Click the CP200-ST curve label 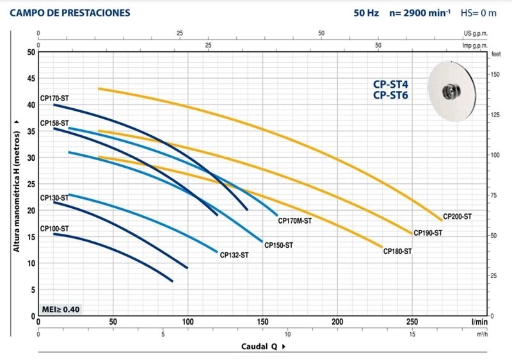[457, 217]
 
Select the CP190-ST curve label [428, 233]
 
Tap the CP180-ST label [397, 251]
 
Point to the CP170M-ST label [295, 221]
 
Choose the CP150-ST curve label [278, 245]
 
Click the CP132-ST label [234, 255]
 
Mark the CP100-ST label [54, 229]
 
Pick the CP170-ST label [54, 99]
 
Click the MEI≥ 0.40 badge [61, 309]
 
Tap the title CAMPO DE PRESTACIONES [70, 13]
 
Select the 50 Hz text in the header [366, 13]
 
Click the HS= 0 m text [478, 13]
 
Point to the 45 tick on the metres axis [31, 79]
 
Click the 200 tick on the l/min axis [337, 322]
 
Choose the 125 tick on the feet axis [495, 115]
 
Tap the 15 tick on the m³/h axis [412, 334]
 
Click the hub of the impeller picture [451, 92]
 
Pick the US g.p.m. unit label [476, 33]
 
